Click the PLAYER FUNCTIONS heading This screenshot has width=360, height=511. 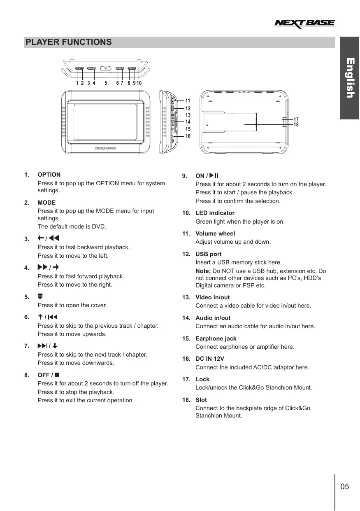point(68,42)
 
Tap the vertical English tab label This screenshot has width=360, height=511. point(350,78)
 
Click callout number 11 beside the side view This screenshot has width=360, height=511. point(188,100)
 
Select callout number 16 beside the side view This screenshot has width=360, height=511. point(188,136)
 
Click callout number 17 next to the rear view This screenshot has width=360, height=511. point(296,119)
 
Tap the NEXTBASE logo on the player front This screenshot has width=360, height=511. point(106,148)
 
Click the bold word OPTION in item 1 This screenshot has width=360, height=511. point(49,175)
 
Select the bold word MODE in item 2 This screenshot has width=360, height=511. point(46,203)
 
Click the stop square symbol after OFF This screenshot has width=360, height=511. point(57,375)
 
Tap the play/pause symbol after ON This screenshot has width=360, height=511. point(214,176)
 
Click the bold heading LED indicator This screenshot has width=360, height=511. point(215,213)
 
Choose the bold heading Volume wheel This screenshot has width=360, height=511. point(215,233)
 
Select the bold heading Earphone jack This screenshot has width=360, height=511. point(216,338)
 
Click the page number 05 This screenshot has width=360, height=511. point(345,487)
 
